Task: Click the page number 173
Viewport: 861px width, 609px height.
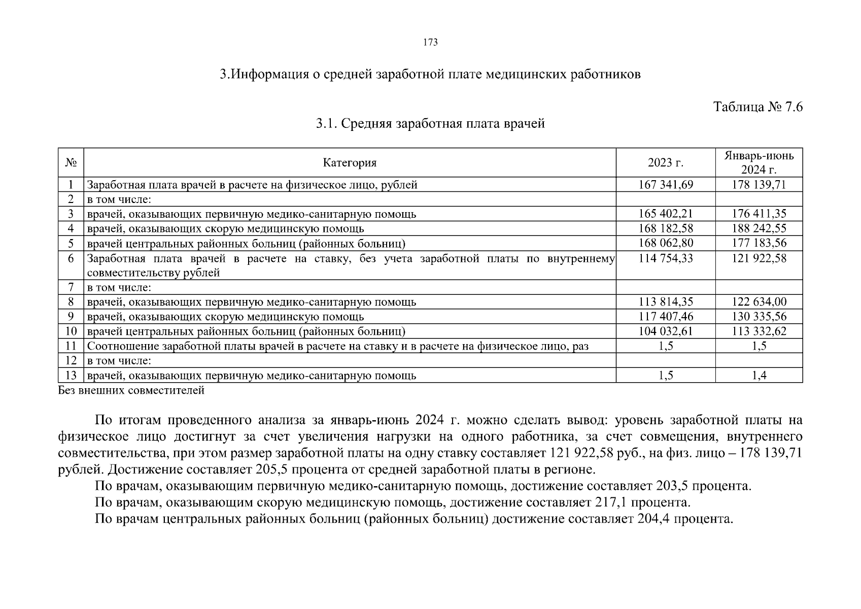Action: coord(430,43)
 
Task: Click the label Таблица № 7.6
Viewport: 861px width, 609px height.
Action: coord(757,107)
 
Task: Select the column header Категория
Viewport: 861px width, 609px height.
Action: coord(350,163)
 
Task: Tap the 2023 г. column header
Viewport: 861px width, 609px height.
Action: coord(665,163)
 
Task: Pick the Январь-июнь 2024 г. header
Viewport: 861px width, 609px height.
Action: coord(759,162)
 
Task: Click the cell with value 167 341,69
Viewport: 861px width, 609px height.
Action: coord(666,185)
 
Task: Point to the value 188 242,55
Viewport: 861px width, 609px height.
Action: coord(759,228)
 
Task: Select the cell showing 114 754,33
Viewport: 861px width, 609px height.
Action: coord(666,258)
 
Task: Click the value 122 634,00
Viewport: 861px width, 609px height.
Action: coord(759,302)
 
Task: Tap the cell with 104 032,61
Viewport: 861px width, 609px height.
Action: coord(666,331)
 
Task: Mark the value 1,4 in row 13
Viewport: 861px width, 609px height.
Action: coord(759,376)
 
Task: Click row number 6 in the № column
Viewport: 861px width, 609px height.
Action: coord(71,258)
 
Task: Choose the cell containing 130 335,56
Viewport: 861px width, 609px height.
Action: coord(759,317)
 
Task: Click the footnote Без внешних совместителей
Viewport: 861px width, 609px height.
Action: coord(131,390)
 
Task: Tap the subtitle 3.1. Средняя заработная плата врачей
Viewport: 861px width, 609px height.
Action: coord(430,123)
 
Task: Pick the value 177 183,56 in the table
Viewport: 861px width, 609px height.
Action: coord(759,243)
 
